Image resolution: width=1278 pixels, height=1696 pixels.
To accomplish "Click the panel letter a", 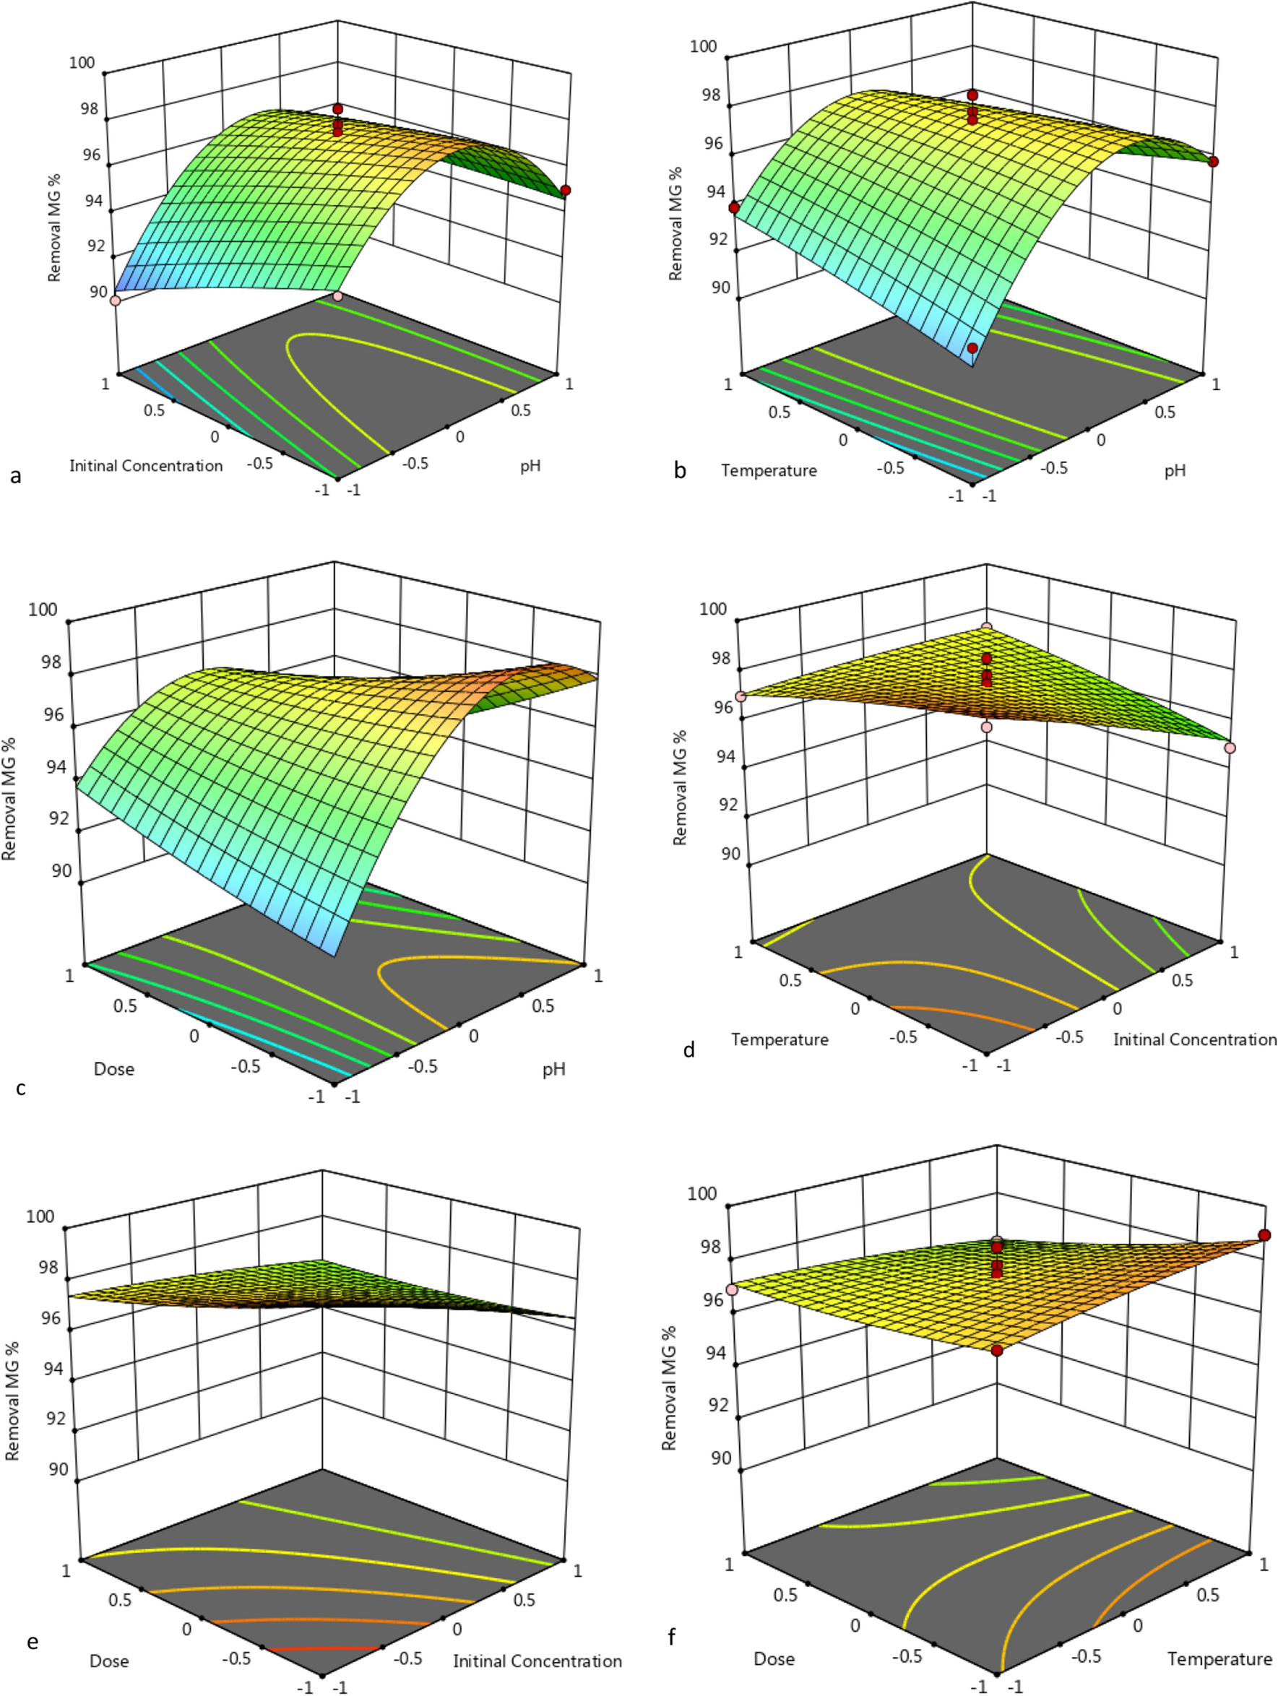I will [16, 477].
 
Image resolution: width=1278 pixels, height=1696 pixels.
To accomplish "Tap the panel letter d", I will [688, 1050].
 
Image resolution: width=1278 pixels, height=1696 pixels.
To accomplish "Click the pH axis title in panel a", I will [530, 465].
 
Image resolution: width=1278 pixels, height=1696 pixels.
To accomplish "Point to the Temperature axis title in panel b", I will [768, 470].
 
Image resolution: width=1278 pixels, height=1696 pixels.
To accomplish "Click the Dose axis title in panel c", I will [113, 1069].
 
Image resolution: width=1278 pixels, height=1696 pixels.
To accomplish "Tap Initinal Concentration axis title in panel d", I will [1194, 1039].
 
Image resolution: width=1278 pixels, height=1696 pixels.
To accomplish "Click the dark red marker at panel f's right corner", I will [1264, 1234].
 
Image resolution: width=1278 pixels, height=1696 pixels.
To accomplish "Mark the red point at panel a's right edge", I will [565, 190].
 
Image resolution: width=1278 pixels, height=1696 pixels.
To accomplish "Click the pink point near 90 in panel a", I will [116, 300].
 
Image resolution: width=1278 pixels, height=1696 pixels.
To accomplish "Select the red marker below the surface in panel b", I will [972, 348].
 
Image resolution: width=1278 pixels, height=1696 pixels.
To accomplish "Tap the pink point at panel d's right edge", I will [1230, 748].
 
